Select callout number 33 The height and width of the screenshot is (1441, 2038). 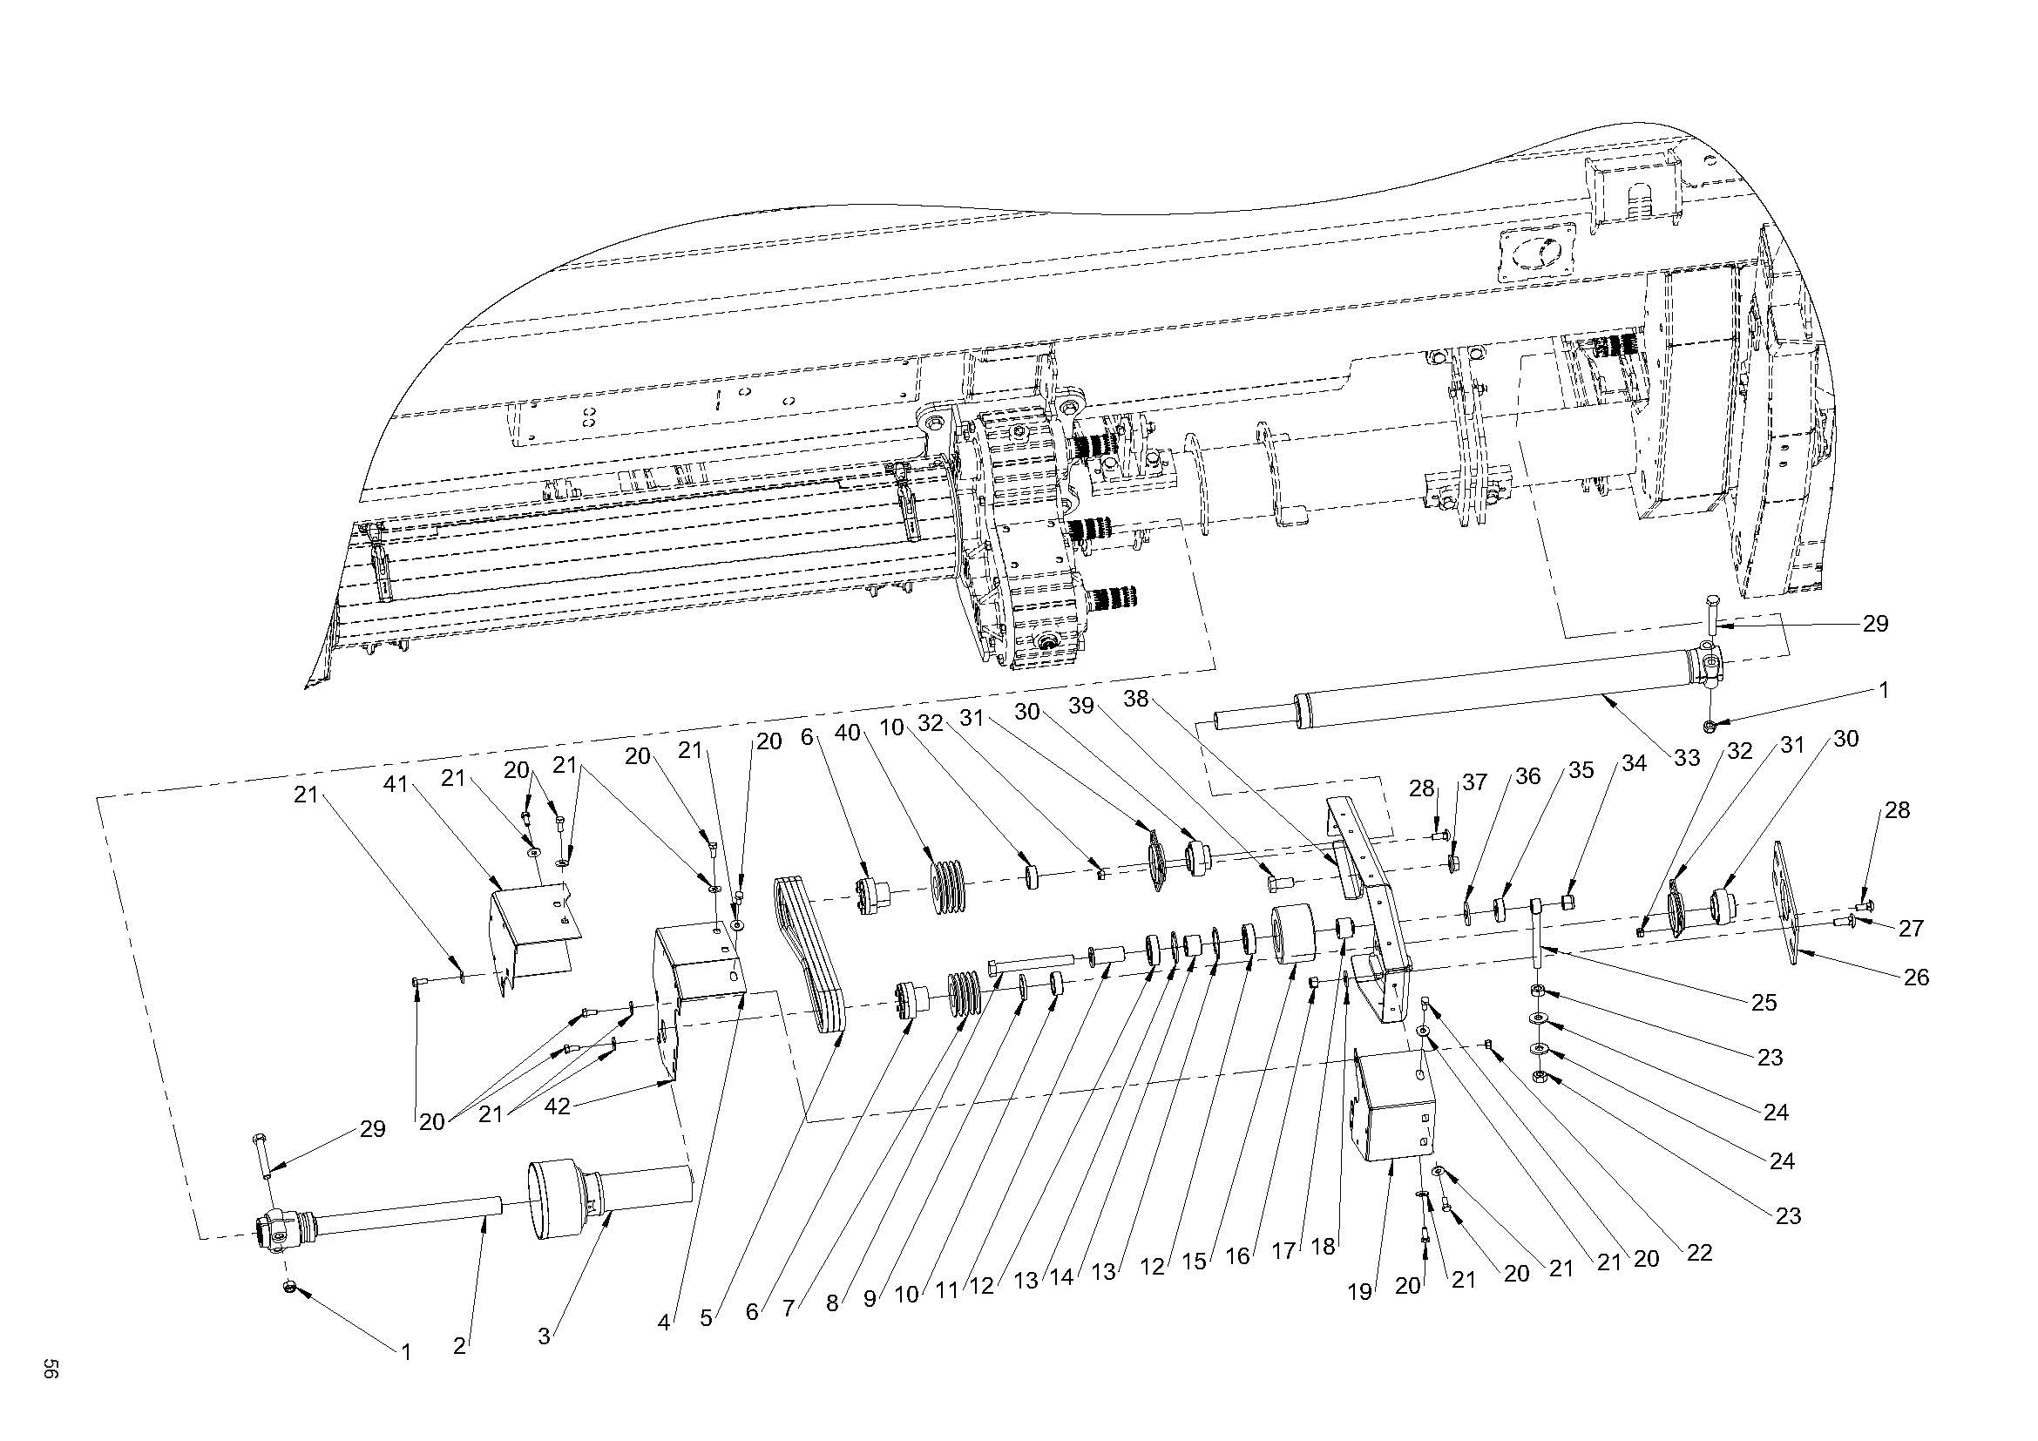pos(1687,757)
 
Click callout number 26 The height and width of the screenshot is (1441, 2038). pos(1916,977)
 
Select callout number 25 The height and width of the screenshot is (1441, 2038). pos(1764,1002)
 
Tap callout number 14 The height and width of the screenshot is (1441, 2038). pos(1061,1278)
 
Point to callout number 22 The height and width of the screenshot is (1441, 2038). pos(1699,1252)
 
